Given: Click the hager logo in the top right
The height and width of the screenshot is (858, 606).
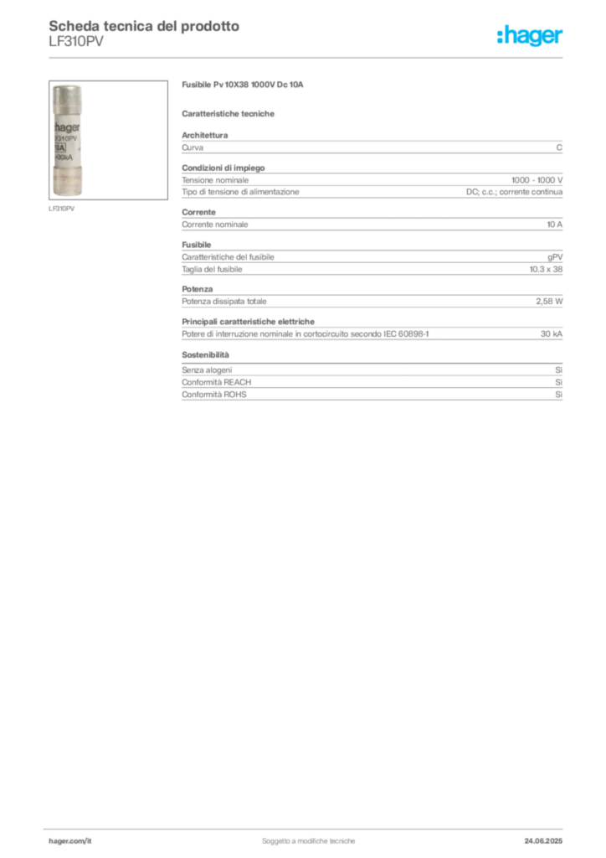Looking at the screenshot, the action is [x=530, y=35].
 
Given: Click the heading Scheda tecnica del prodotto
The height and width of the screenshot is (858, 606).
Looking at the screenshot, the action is [x=144, y=26].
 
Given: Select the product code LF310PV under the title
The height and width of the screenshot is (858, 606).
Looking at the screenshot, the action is [x=76, y=42].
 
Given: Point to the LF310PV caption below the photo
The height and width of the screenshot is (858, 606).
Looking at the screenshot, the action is [x=61, y=209].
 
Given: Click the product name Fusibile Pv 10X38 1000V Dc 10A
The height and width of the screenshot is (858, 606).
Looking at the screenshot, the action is [x=243, y=85].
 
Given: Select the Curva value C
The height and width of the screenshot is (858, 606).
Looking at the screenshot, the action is [x=559, y=147].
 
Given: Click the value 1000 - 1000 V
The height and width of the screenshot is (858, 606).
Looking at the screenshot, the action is [x=537, y=180].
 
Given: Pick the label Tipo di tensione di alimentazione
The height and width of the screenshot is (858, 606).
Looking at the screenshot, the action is [x=240, y=192].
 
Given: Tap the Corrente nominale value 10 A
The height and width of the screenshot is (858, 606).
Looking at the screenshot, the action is [x=555, y=225].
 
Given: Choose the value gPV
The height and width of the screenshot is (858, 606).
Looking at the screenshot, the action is [x=555, y=257].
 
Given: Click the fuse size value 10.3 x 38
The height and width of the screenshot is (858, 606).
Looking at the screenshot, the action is [x=546, y=269].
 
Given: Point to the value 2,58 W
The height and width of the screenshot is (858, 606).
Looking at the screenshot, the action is [x=549, y=302].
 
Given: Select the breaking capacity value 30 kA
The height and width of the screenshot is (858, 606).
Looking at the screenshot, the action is [x=552, y=333].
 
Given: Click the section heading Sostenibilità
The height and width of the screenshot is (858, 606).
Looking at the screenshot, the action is [x=205, y=354].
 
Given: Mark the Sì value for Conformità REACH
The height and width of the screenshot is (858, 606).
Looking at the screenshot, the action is [x=558, y=382].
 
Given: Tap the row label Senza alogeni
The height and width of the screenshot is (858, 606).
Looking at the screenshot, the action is [x=207, y=370].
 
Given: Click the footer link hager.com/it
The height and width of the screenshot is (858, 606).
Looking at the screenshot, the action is [x=70, y=841].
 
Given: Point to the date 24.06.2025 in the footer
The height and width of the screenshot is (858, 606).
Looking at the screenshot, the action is [x=543, y=841].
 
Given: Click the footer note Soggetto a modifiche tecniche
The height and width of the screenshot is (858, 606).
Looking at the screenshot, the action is [x=308, y=841].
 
